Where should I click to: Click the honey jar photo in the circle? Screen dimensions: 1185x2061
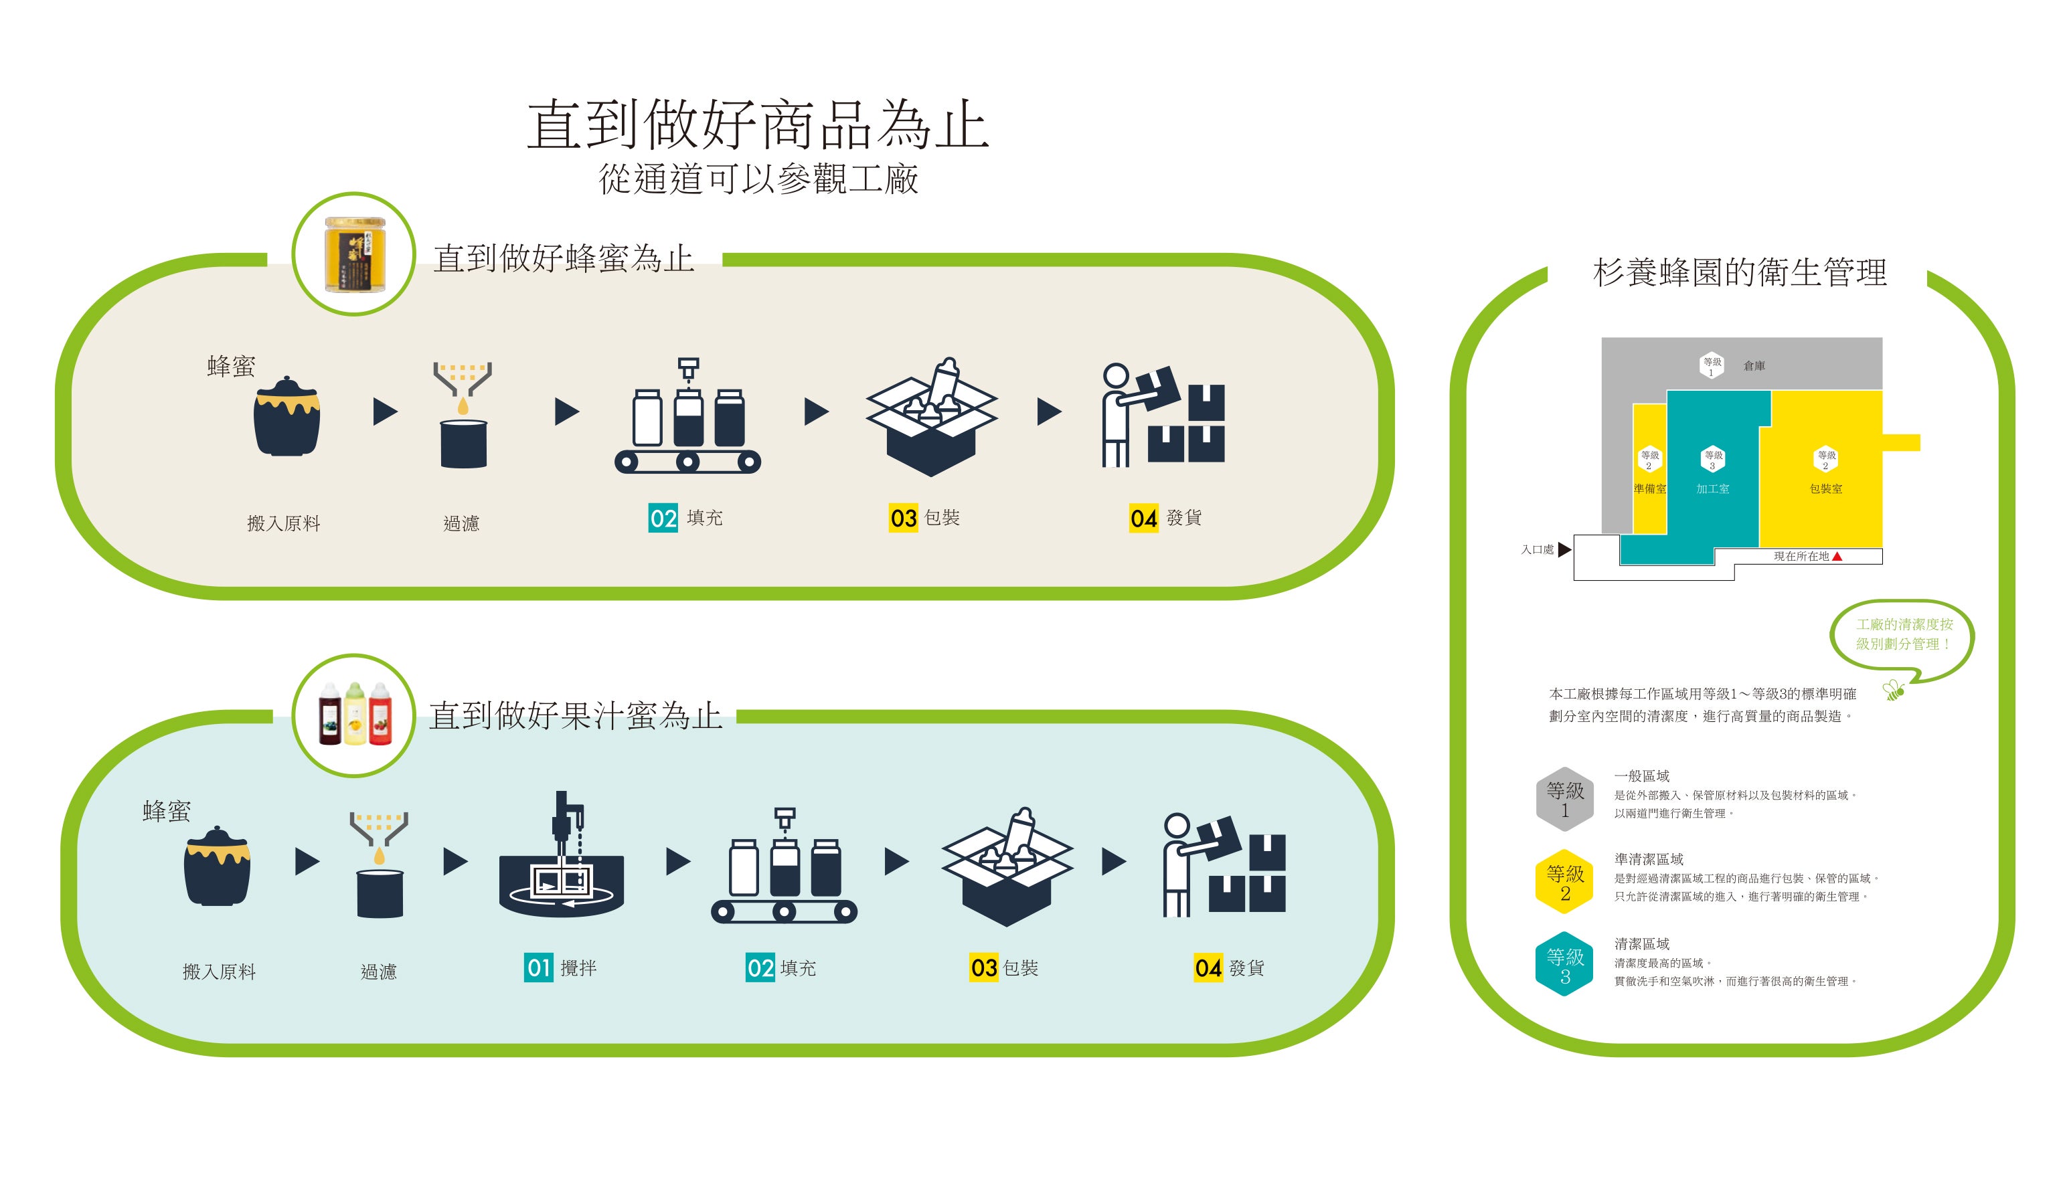point(355,254)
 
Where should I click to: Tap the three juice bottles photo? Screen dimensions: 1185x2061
point(355,715)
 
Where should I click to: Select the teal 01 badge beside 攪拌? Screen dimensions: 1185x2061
point(538,968)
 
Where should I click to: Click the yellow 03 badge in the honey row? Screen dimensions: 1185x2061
point(903,518)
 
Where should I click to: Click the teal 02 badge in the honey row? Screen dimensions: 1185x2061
point(663,518)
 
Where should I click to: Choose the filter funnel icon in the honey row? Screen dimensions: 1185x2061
point(463,414)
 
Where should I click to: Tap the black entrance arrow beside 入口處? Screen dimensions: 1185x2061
point(1564,549)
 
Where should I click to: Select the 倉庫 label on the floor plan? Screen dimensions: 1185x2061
point(1754,366)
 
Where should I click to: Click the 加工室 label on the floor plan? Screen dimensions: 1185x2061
point(1713,489)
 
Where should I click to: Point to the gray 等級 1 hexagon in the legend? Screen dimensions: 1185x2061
point(1564,799)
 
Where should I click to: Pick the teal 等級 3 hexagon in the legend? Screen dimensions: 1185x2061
point(1564,964)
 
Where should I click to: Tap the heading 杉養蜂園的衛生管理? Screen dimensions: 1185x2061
point(1740,272)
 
